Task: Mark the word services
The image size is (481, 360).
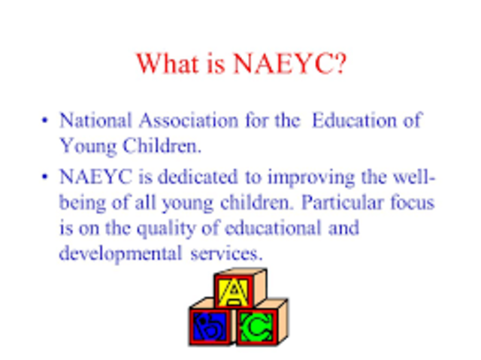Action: (x=225, y=253)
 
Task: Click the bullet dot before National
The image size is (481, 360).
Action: (x=45, y=121)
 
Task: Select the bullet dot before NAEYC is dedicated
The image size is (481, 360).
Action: (x=45, y=179)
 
